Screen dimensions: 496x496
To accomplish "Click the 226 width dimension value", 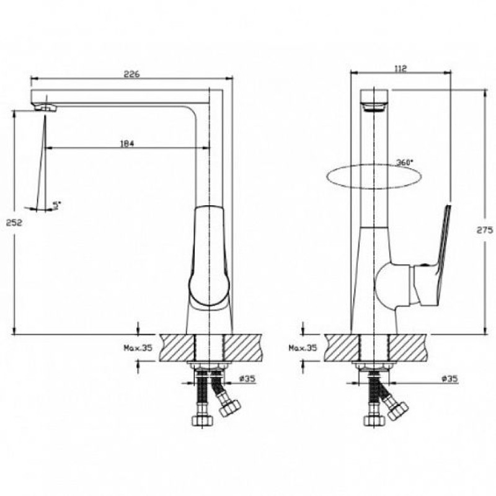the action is click(x=131, y=74).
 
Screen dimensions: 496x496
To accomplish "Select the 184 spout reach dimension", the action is click(x=127, y=144).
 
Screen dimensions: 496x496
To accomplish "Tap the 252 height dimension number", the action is click(x=14, y=223).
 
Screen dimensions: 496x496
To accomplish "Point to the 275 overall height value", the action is click(x=485, y=229).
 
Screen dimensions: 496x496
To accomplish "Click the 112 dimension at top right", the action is click(x=401, y=68).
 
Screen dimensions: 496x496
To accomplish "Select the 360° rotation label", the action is click(x=405, y=162).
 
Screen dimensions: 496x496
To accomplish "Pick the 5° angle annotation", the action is click(x=56, y=205).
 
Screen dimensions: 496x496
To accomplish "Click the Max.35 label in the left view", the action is click(x=138, y=348).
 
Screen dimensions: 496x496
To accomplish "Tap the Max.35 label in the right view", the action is click(x=303, y=348).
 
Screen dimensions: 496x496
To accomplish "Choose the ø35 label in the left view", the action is click(x=247, y=378).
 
